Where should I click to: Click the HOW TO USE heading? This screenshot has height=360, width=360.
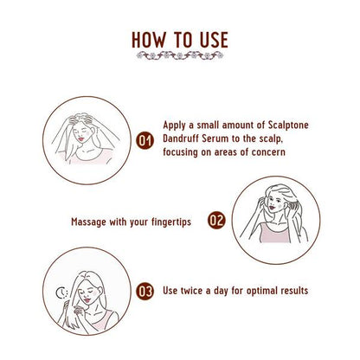[x=180, y=40]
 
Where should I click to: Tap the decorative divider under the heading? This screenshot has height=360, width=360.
[x=180, y=57]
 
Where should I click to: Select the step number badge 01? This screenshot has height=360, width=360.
[x=147, y=138]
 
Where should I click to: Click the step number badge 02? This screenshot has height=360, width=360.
[x=215, y=221]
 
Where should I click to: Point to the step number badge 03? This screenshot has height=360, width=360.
[x=147, y=291]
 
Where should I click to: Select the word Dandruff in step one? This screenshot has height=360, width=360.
[x=185, y=138]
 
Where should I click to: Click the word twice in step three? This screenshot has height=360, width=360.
[x=195, y=291]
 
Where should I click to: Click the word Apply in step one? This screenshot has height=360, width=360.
[x=177, y=124]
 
